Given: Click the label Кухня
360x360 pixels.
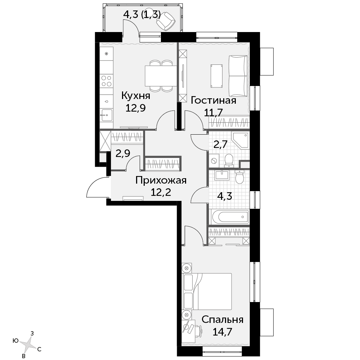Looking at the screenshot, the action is pos(136,95).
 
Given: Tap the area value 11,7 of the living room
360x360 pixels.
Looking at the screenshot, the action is pos(213,112).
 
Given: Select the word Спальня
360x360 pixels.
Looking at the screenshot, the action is pos(222,319).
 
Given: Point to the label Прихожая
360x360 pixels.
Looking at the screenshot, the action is pos(161,180).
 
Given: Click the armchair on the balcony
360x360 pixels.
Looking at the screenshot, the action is pos(166,21).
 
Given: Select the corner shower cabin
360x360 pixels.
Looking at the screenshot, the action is pos(240,140).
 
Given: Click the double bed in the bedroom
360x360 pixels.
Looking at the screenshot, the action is pos(207,291).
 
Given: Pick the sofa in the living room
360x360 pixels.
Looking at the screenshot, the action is pos(238,76).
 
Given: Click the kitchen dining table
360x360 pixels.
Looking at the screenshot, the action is pos(161,76).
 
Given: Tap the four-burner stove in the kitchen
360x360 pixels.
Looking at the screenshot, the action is pos(107,81).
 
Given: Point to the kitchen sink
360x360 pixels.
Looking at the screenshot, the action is pos(107,115).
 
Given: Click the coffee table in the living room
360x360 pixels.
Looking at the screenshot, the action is pos(216,76).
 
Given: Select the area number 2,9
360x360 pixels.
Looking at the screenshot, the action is pos(123,153).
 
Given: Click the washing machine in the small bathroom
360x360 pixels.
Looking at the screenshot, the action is pos(214,161).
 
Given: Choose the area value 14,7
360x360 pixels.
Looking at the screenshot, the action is pos(222,332).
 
